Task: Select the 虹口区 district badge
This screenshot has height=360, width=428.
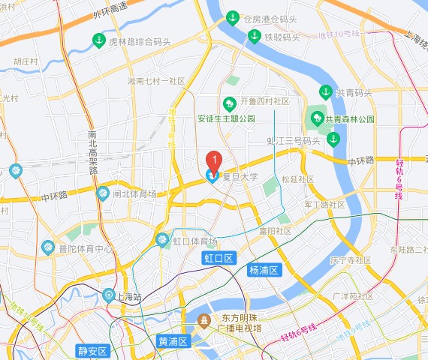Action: [x=219, y=258]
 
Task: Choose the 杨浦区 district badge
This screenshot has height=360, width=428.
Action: [x=263, y=270]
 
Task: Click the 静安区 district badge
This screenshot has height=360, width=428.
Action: [x=92, y=350]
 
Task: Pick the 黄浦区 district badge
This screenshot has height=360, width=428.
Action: [x=173, y=341]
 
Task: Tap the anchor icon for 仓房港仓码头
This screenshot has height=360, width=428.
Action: [x=233, y=18]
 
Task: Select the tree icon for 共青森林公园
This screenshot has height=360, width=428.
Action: [x=315, y=118]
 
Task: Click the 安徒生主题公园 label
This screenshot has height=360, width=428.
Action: [x=226, y=118]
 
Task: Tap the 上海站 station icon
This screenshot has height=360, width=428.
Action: [x=109, y=295]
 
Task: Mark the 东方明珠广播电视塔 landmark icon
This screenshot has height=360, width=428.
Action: [x=203, y=321]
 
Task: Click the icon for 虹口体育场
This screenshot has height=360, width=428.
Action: [x=161, y=240]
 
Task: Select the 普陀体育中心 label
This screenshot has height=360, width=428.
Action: [x=86, y=248]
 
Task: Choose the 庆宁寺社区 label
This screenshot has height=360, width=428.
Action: [x=351, y=260]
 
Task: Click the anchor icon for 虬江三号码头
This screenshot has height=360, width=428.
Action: [x=333, y=139]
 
